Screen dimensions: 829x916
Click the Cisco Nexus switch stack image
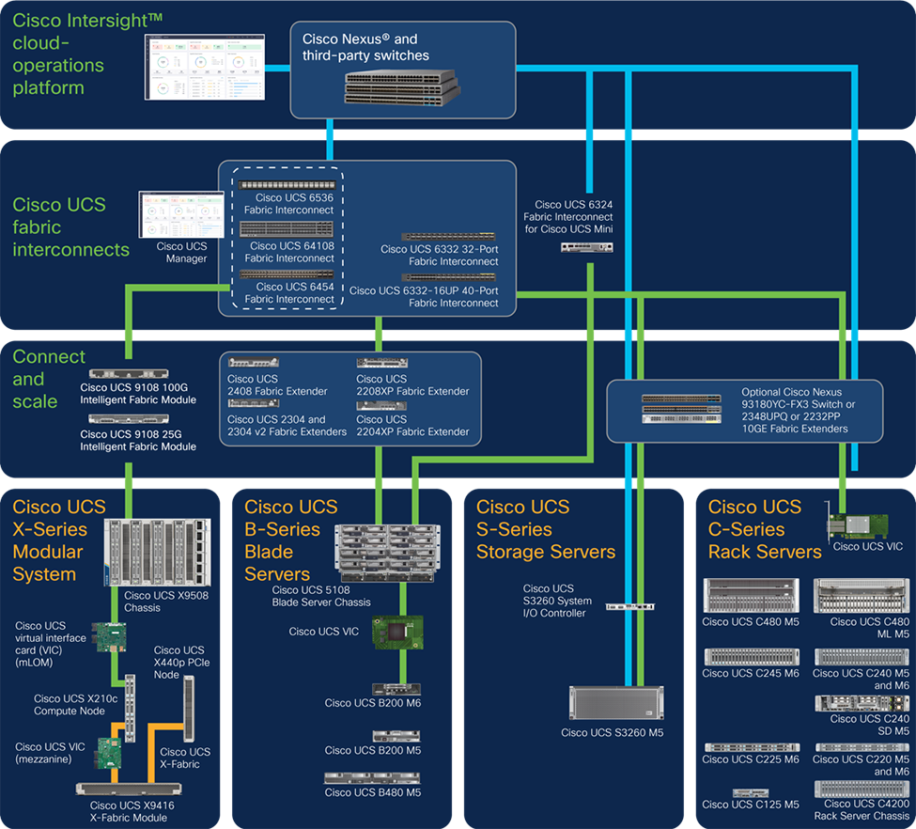[402, 86]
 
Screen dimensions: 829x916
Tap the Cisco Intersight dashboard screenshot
[205, 67]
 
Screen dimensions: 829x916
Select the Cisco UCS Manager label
[181, 253]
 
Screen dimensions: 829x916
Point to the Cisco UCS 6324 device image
[586, 247]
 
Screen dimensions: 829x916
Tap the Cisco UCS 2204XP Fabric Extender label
[412, 426]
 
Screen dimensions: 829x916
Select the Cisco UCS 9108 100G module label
[138, 393]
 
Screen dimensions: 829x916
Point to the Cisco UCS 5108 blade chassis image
[380, 550]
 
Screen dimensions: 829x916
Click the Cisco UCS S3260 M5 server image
[612, 703]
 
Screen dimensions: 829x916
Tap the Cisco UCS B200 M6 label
[373, 702]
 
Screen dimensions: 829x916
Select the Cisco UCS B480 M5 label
[373, 792]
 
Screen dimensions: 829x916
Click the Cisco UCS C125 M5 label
[751, 805]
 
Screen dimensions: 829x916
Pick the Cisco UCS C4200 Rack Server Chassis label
[862, 809]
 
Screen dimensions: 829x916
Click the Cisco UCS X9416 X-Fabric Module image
[131, 789]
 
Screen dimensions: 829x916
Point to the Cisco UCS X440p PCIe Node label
[179, 664]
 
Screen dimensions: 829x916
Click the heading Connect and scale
[49, 379]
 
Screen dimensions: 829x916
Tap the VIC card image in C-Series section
[854, 522]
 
